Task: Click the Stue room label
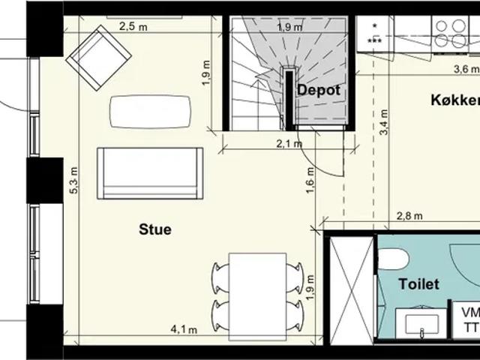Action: tap(155, 229)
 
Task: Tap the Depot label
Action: tap(319, 90)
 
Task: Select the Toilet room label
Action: tap(419, 284)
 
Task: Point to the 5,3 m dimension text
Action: tap(74, 180)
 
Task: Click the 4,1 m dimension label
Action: tap(184, 330)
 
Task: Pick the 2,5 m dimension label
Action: tap(133, 27)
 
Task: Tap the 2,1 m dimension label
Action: tap(289, 143)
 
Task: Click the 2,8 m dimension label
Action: tap(409, 216)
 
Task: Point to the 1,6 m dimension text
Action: tap(310, 180)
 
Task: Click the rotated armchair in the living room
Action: tap(99, 58)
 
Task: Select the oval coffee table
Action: tap(150, 112)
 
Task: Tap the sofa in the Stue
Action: tap(150, 173)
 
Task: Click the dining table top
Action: tap(258, 297)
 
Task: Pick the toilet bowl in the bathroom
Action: tap(393, 259)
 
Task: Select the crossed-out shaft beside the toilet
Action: tap(352, 290)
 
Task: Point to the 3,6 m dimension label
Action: tap(466, 69)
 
